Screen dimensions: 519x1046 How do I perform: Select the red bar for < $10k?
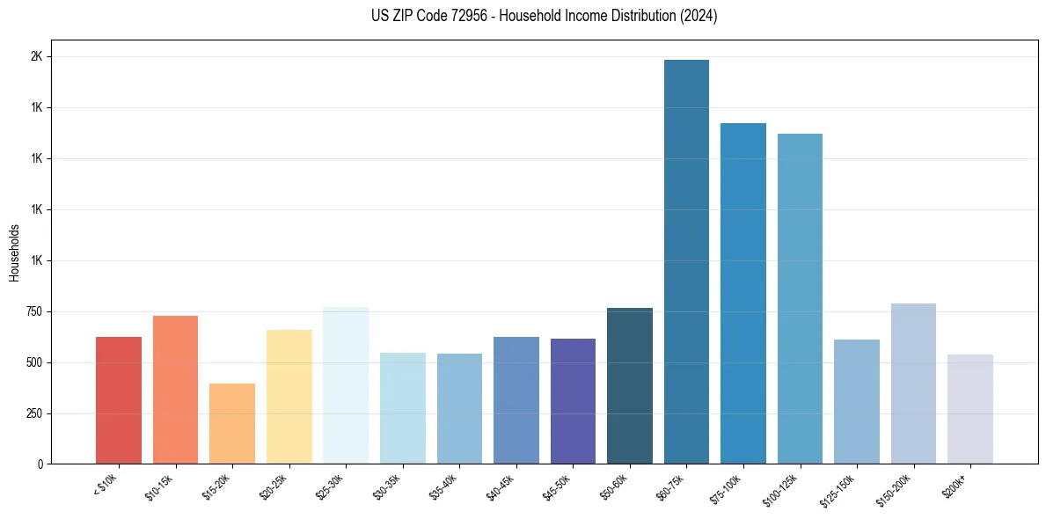(119, 400)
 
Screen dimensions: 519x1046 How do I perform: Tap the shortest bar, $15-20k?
(232, 423)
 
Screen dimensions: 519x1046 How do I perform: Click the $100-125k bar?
(800, 298)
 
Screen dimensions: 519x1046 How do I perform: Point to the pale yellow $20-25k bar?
(289, 397)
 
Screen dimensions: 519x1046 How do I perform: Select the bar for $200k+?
(970, 409)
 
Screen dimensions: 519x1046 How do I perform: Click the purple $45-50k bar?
(573, 401)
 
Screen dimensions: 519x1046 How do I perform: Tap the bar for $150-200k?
(913, 384)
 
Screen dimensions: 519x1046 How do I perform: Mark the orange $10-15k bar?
(175, 390)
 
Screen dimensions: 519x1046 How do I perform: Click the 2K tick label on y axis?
(36, 56)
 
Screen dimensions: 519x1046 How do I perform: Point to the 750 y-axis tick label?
(33, 311)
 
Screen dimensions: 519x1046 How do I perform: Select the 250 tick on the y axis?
(33, 413)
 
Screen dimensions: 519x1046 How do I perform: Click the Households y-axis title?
(15, 252)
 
